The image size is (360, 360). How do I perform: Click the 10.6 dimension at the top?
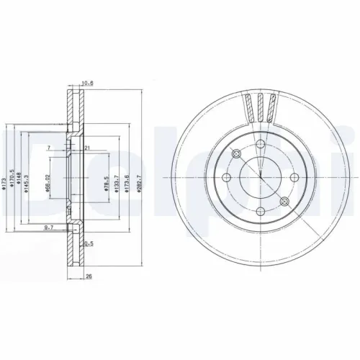tap(89, 84)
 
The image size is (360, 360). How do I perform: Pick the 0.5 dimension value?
tap(89, 244)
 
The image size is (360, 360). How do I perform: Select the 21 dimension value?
tap(86, 148)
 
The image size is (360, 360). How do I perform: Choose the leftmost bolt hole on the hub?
tap(226, 178)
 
